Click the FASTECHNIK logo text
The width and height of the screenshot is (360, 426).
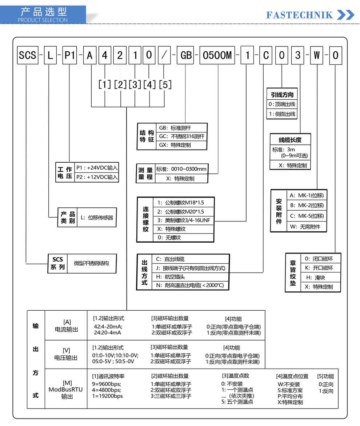click(299, 15)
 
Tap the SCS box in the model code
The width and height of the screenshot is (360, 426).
click(27, 55)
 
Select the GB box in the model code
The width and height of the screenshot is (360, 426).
click(186, 55)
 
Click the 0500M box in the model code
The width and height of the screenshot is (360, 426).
click(217, 55)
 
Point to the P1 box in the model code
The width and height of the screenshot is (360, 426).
click(70, 55)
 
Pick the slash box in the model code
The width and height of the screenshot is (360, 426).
click(164, 55)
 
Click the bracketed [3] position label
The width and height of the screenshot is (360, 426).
click(135, 84)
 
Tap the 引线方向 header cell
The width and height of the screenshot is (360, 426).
click(282, 95)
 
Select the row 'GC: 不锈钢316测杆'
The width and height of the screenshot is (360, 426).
click(181, 136)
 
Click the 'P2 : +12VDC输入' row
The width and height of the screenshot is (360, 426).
click(97, 177)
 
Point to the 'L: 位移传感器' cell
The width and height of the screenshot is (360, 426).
click(97, 217)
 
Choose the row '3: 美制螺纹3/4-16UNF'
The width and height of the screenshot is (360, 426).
click(184, 220)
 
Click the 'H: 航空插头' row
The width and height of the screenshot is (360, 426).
click(190, 277)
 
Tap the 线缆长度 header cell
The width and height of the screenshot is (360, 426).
click(290, 140)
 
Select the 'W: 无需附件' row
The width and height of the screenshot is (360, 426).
click(307, 227)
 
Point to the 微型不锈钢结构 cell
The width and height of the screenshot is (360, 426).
click(92, 263)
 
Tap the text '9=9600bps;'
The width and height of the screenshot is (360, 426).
click(107, 384)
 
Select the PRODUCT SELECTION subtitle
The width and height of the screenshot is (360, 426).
click(43, 20)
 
